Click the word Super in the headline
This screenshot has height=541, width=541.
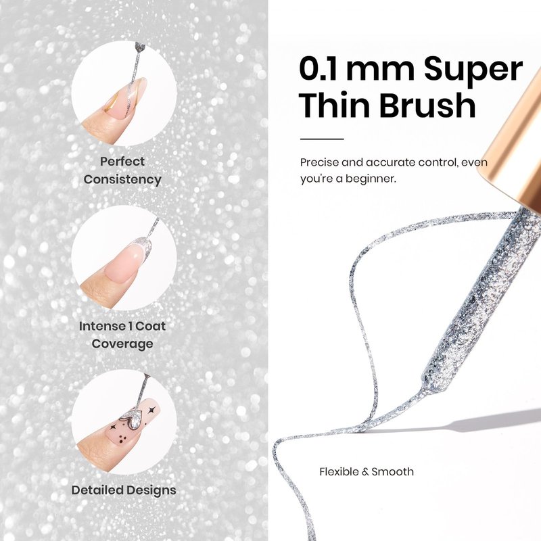[473, 70]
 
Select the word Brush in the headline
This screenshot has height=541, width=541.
[428, 104]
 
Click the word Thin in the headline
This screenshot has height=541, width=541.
[335, 104]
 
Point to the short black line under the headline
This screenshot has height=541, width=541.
[322, 139]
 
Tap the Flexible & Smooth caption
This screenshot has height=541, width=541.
[367, 471]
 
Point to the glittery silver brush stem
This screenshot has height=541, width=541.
[483, 297]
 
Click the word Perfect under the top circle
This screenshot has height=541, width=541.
[122, 161]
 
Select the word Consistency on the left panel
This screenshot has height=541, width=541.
[122, 179]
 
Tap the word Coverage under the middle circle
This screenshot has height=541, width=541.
[122, 344]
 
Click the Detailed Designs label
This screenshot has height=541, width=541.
[124, 490]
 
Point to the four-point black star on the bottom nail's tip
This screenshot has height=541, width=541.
[151, 410]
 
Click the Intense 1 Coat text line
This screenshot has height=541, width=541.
[122, 326]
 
